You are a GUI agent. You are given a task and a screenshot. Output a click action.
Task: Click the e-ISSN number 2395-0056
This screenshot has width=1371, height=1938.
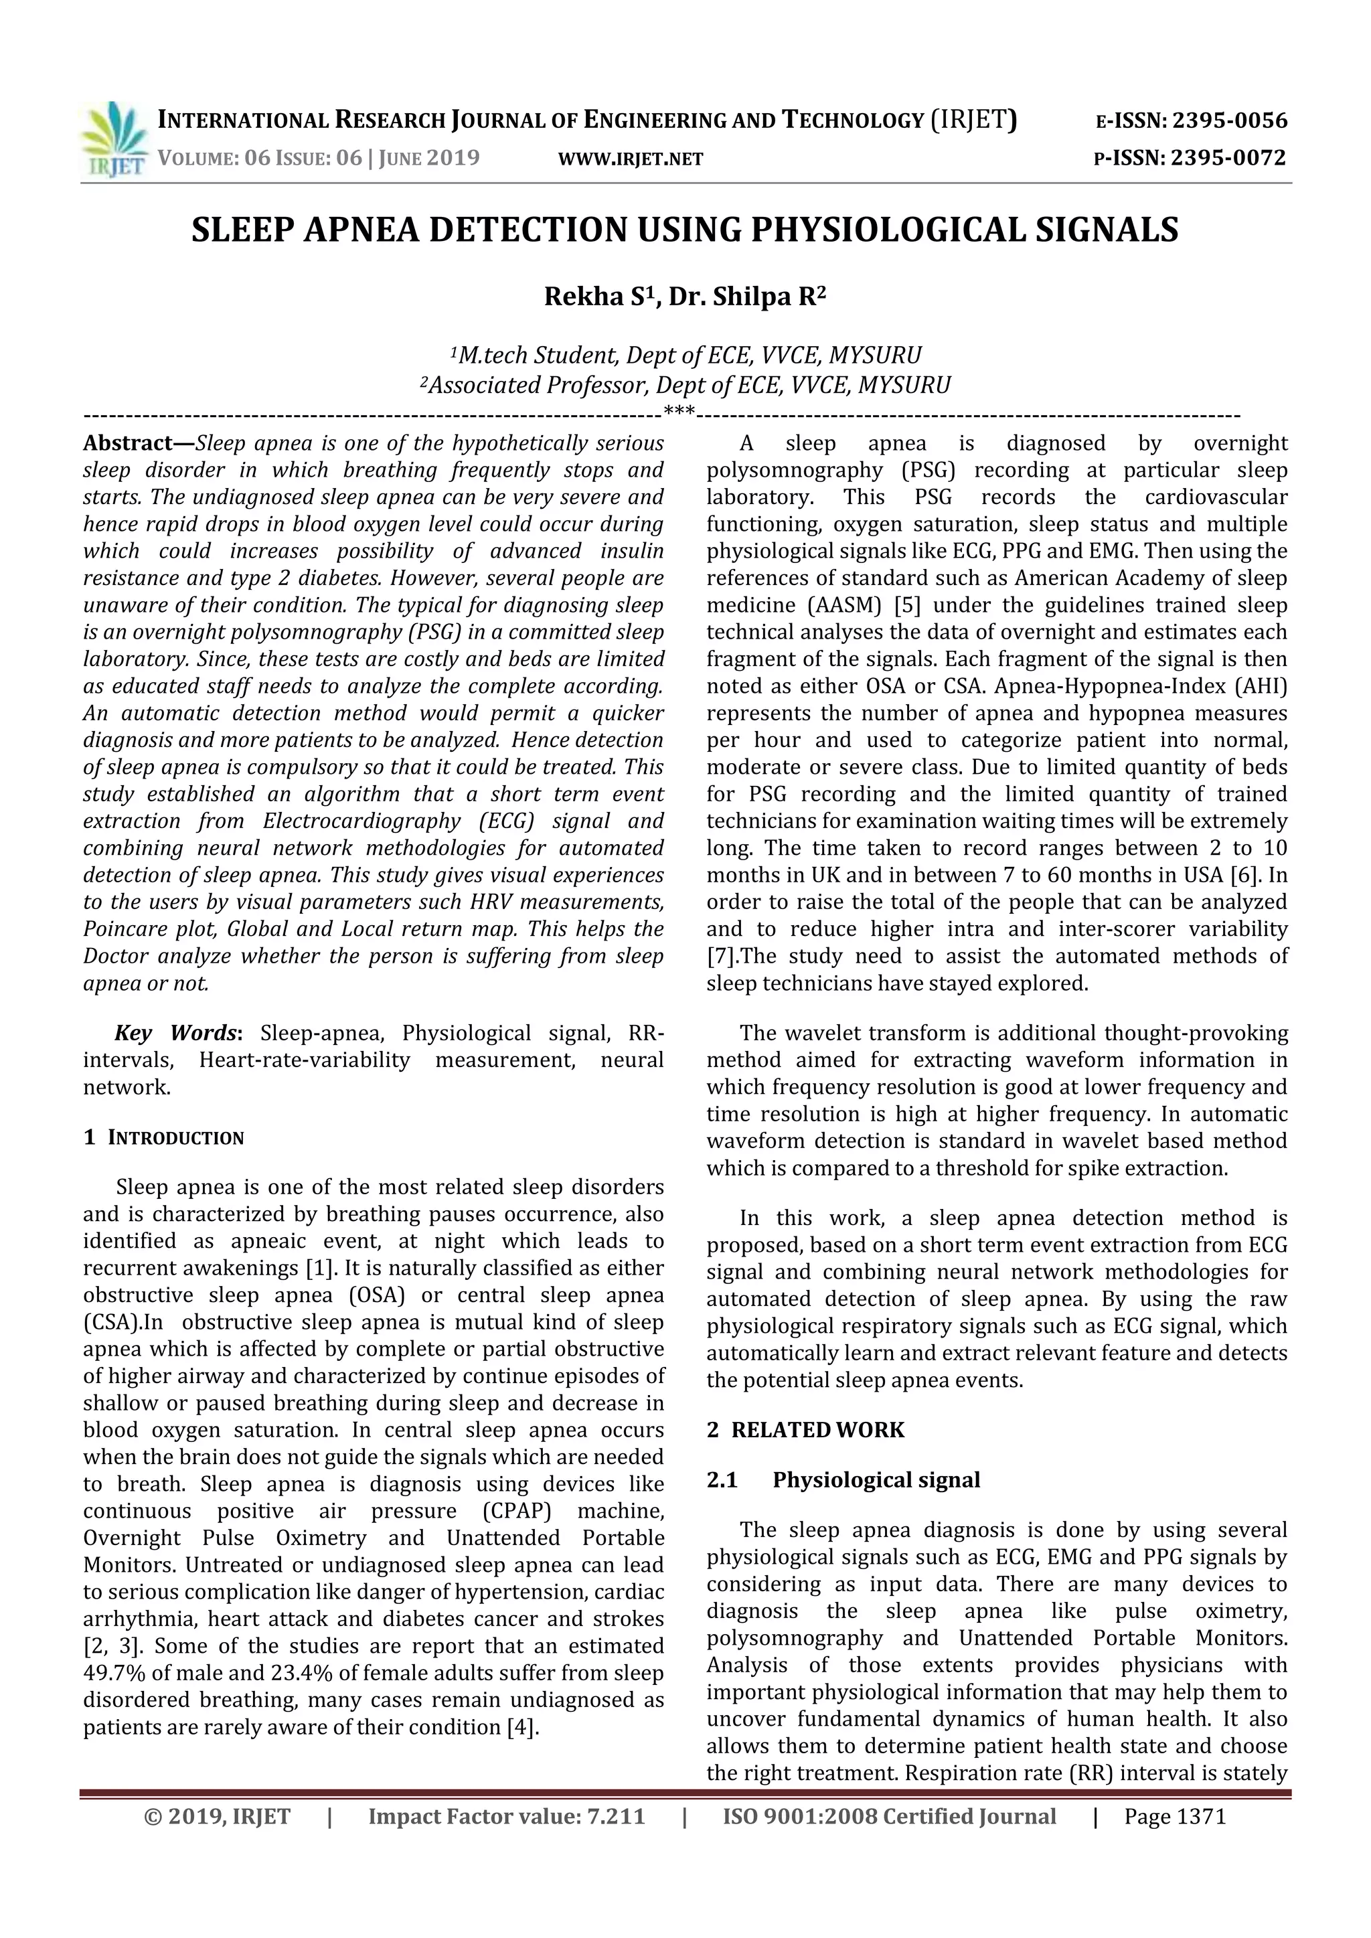click(x=1230, y=120)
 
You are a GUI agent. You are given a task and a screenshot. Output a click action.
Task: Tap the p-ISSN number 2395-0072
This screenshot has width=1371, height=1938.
click(x=1228, y=158)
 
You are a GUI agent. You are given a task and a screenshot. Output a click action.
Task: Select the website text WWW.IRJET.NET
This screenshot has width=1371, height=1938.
click(x=631, y=159)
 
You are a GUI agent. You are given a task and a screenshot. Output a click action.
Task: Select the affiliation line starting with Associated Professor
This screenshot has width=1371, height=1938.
click(x=685, y=386)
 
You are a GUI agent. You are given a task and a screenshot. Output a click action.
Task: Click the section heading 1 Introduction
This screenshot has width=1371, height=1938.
click(x=164, y=1138)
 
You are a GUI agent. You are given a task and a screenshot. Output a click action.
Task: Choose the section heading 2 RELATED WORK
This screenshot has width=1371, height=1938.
click(x=805, y=1430)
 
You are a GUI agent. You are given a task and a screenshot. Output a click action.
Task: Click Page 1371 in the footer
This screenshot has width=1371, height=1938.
click(x=1174, y=1815)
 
